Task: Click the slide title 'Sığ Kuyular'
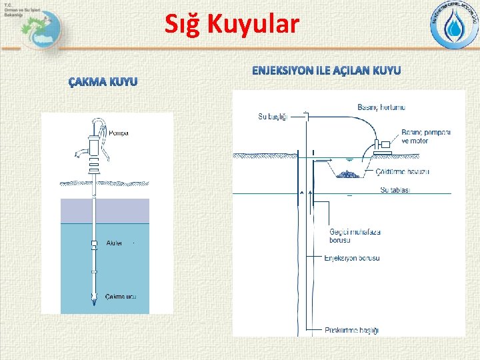(232, 25)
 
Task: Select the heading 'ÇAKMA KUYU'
(103, 82)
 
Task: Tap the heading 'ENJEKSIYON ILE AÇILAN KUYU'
(326, 70)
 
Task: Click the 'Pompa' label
(117, 133)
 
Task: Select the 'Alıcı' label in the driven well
(114, 243)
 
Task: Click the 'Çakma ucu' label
(121, 297)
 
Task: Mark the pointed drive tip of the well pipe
(94, 301)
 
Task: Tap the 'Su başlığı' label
(273, 117)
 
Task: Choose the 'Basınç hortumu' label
(381, 107)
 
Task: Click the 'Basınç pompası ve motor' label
(426, 136)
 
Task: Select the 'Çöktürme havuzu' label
(403, 172)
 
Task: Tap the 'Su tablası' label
(395, 189)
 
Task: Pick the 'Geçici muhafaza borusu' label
(355, 236)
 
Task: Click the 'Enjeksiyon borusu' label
(351, 257)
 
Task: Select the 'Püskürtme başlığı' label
(352, 330)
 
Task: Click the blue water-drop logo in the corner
(453, 27)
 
